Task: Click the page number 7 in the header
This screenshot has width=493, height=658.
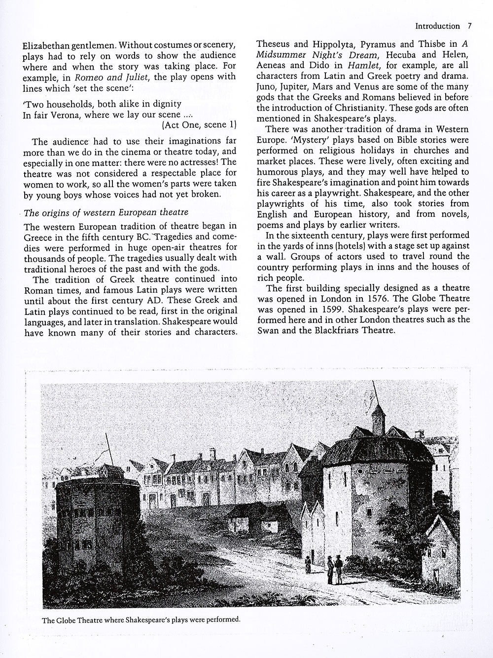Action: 470,26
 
